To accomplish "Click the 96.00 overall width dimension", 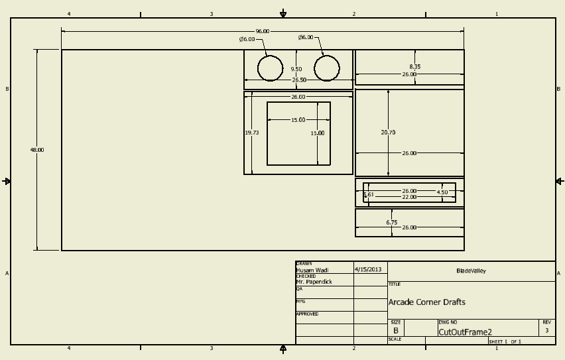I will (x=263, y=31).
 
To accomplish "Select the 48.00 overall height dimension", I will (x=36, y=150).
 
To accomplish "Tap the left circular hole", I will (x=270, y=68).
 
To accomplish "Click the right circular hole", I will (x=326, y=68).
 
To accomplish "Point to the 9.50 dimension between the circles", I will (x=296, y=69).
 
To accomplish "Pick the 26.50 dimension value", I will (x=299, y=80).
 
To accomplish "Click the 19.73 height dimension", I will (x=252, y=133).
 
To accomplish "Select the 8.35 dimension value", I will (x=414, y=66).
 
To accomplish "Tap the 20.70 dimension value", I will (x=388, y=133).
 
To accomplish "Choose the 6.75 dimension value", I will (x=392, y=223).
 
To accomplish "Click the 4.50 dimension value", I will (x=442, y=192).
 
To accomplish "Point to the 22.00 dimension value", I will (x=409, y=197).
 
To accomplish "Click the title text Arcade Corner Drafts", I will (x=426, y=302).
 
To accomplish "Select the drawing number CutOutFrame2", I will (x=465, y=332).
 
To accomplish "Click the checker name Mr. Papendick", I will (x=314, y=282).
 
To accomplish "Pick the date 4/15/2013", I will (x=369, y=270).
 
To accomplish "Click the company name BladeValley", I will (x=471, y=270).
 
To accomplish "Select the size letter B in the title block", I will (x=396, y=330).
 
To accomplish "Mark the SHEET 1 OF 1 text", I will (x=505, y=341).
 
